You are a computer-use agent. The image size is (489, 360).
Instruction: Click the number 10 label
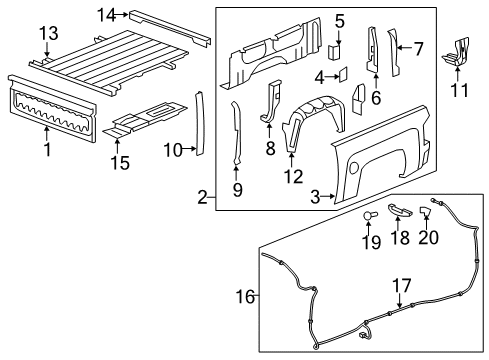[172, 150]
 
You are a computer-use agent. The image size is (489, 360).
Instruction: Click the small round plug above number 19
[368, 216]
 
